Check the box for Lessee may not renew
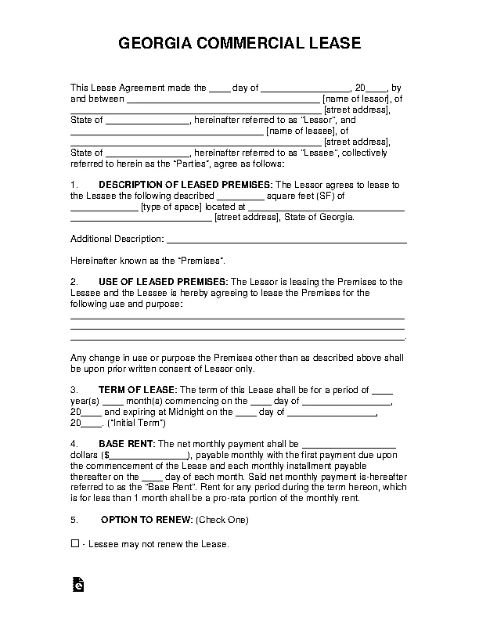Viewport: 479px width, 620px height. coord(75,543)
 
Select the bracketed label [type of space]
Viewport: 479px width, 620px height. coord(171,207)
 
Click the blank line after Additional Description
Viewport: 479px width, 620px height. coord(286,238)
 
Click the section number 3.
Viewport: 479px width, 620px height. coord(74,389)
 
